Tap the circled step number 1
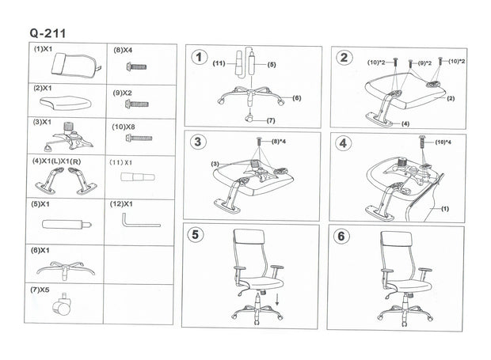(x=199, y=58)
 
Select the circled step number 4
(x=343, y=144)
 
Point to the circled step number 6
(x=343, y=235)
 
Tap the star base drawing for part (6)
(x=66, y=267)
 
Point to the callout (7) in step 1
(x=271, y=120)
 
